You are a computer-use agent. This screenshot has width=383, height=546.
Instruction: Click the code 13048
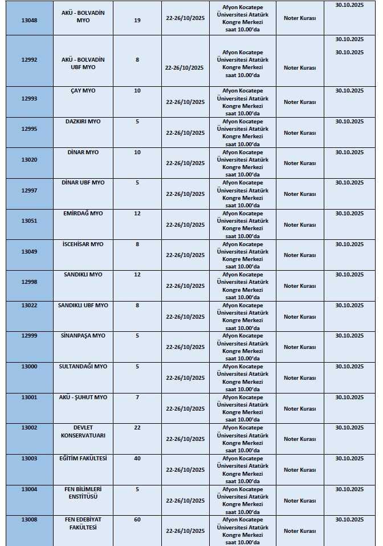(29, 20)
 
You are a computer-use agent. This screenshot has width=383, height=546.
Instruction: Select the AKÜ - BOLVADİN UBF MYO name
(83, 63)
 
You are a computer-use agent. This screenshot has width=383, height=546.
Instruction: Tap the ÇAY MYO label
(83, 91)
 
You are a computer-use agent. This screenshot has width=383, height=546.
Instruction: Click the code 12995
(29, 129)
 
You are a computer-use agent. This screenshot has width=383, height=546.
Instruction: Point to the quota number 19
(137, 20)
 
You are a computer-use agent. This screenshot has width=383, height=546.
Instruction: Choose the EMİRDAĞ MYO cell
(83, 214)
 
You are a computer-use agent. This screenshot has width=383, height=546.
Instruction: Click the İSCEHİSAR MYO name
(83, 244)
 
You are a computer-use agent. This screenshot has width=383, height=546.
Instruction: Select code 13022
(29, 306)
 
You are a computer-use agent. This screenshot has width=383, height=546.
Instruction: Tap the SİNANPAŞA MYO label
(83, 336)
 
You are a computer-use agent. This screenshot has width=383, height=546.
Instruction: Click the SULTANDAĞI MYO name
(83, 367)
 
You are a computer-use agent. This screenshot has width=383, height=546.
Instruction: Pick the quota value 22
(137, 428)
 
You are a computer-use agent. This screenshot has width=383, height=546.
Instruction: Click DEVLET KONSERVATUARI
(83, 432)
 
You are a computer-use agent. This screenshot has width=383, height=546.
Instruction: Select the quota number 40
(137, 459)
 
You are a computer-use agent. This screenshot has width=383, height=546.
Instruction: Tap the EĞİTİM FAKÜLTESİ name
(83, 459)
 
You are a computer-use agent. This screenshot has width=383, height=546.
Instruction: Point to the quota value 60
(137, 520)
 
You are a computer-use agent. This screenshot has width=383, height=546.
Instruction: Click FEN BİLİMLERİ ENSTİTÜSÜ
(83, 493)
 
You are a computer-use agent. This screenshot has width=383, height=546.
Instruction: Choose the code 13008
(29, 520)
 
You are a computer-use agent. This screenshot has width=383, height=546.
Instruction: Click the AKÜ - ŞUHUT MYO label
(83, 398)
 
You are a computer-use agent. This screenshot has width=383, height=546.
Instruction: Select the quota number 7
(137, 398)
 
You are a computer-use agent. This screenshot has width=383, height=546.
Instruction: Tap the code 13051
(29, 221)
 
